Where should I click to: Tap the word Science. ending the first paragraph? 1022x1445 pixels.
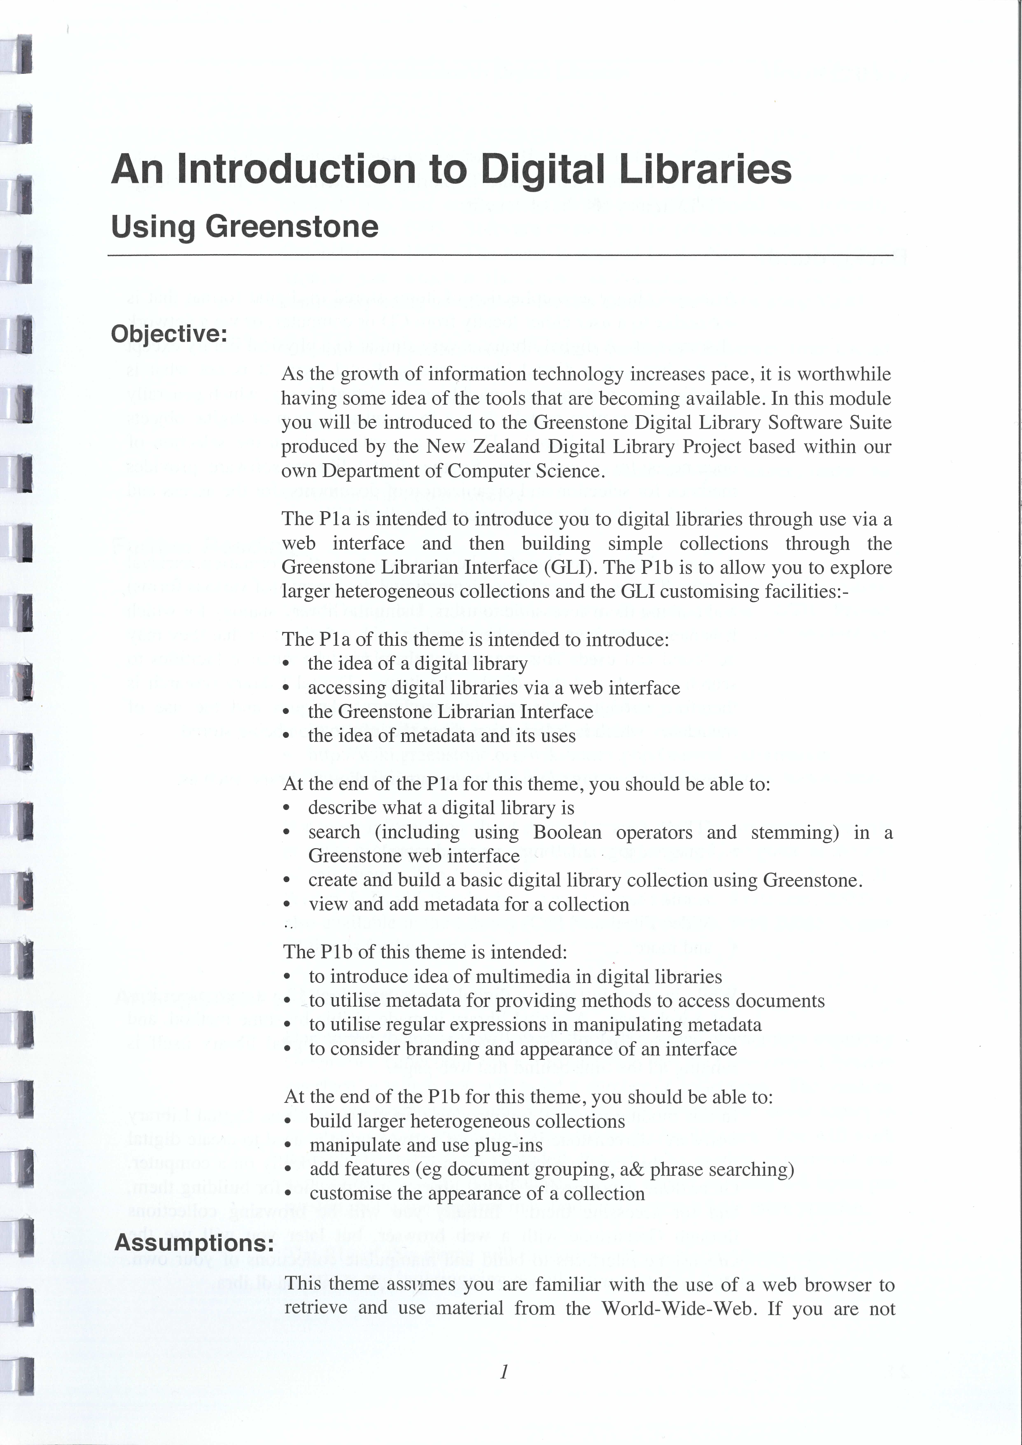pos(569,471)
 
